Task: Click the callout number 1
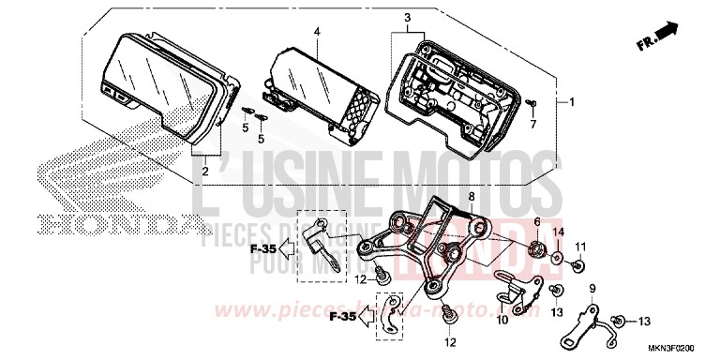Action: [572, 102]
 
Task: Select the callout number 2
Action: [206, 172]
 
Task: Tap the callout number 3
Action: [408, 18]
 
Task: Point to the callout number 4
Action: [317, 31]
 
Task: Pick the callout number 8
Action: [472, 197]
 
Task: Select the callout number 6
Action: [537, 221]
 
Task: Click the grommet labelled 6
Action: [538, 249]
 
